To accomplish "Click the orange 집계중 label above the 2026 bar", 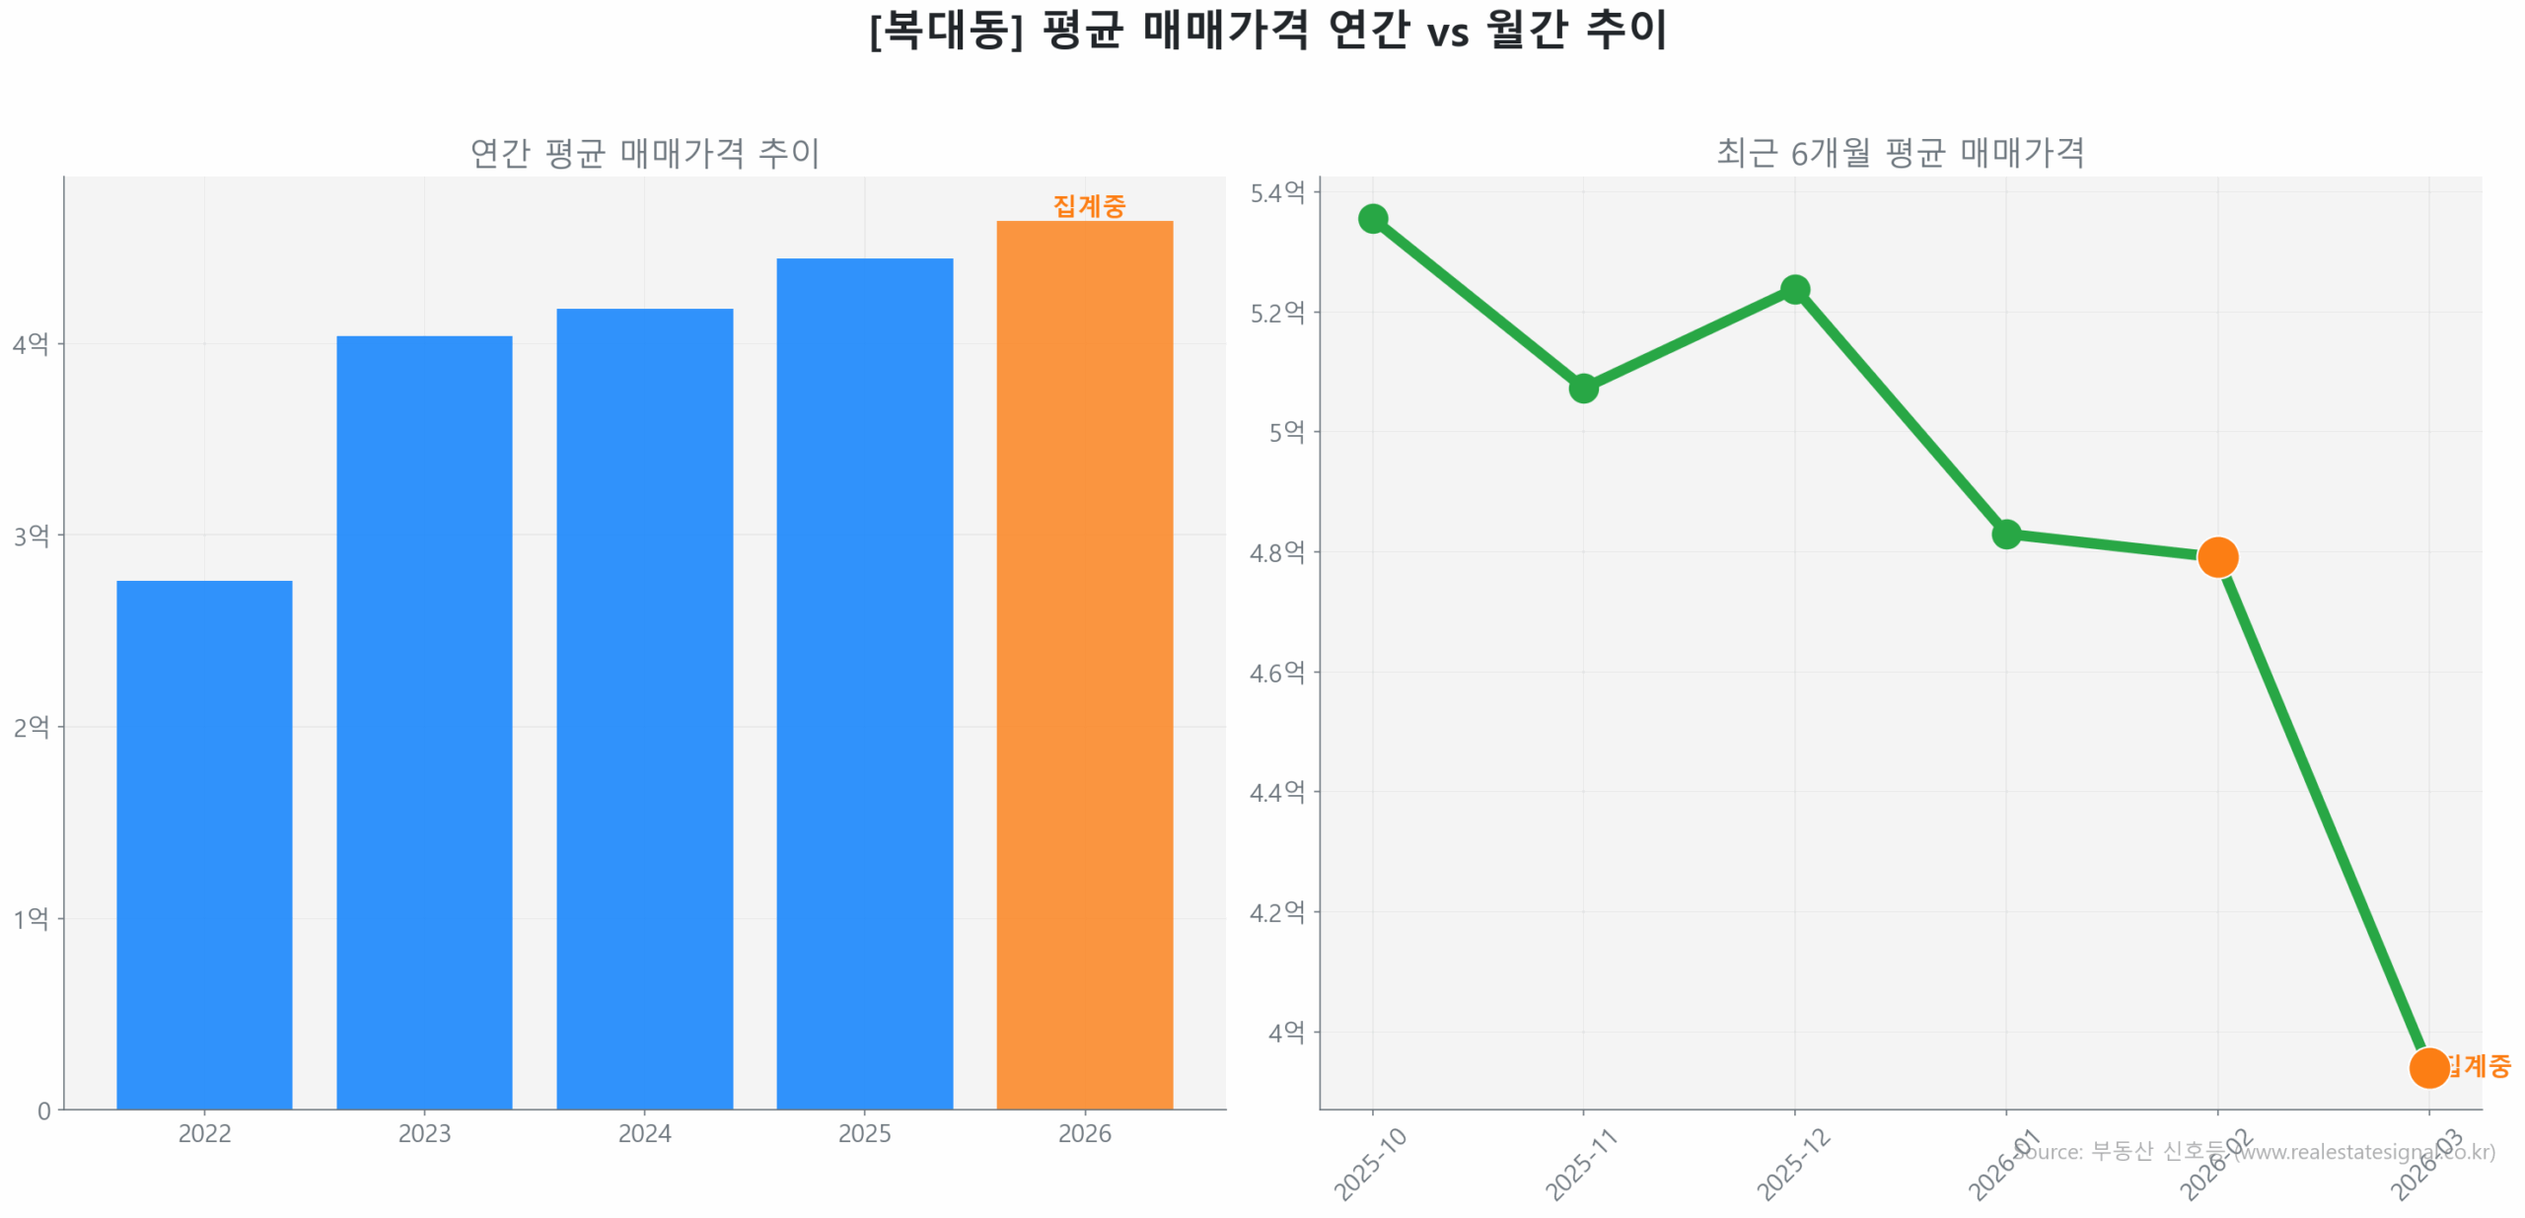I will click(1088, 205).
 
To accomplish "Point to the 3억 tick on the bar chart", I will click(31, 536).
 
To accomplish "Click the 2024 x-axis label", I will click(644, 1133).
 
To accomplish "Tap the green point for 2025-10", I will click(1372, 219).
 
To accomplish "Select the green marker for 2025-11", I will click(1582, 389).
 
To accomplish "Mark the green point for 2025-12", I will click(1794, 289).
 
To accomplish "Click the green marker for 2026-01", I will click(2005, 535).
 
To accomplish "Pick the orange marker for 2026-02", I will click(2216, 557).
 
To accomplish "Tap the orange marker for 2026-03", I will click(2427, 1067).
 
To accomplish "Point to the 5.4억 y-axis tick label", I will click(1276, 193).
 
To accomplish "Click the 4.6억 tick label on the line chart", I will click(1276, 673).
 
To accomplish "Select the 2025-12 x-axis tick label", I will click(1792, 1165).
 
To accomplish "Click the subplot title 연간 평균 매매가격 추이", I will click(644, 153).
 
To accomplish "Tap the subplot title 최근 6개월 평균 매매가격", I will click(1900, 153).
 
